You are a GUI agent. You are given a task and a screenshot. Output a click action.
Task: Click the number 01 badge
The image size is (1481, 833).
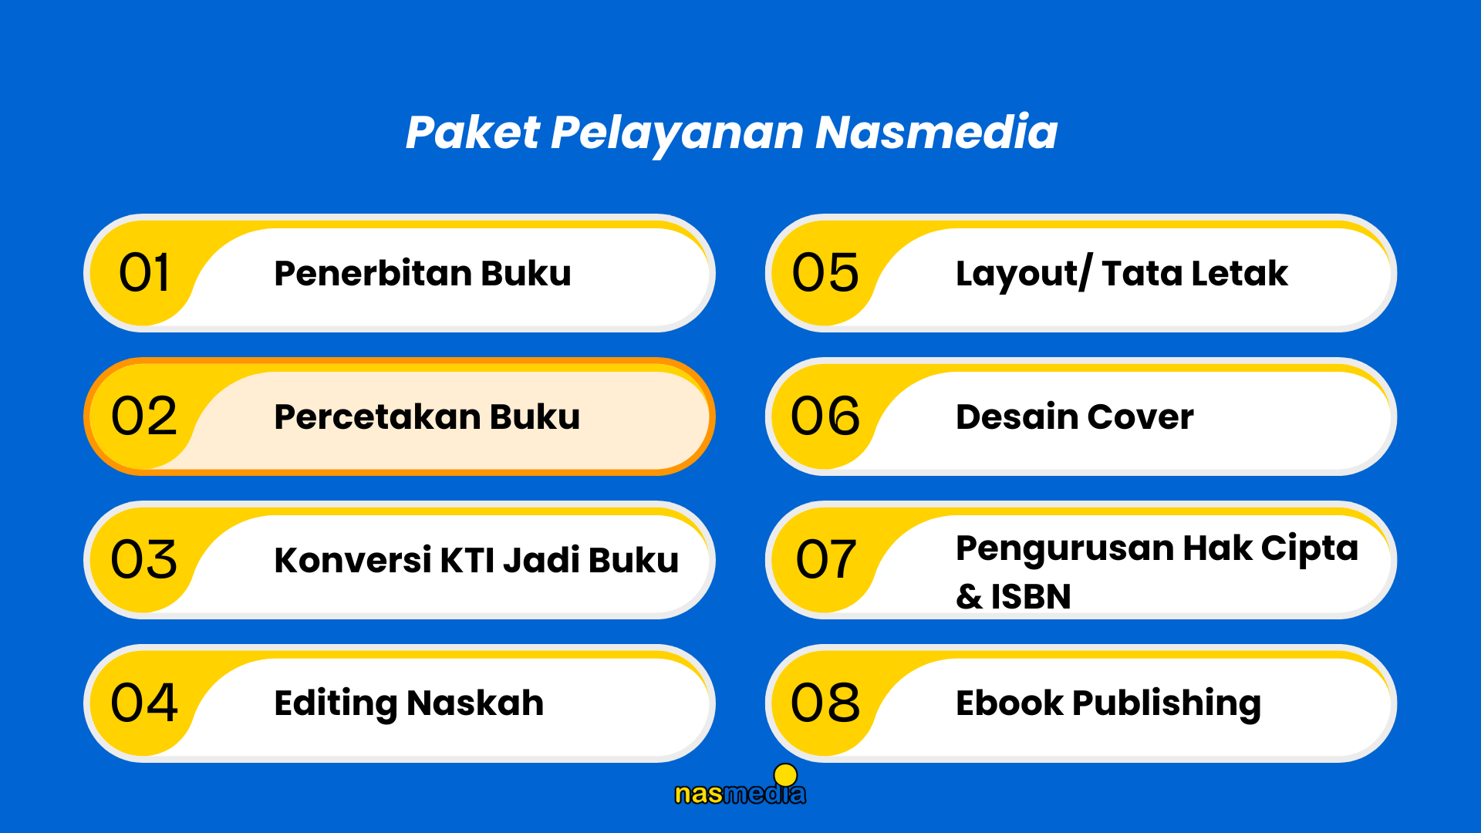(x=144, y=273)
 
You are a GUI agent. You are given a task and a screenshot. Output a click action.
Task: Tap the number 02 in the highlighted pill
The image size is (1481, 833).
(x=144, y=416)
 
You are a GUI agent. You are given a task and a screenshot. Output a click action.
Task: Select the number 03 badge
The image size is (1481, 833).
(x=144, y=559)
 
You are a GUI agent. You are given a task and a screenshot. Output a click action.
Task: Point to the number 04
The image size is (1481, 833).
(x=144, y=703)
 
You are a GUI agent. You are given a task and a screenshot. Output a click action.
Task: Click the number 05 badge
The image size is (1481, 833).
(x=825, y=273)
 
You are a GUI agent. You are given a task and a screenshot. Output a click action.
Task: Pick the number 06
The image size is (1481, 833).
(x=825, y=416)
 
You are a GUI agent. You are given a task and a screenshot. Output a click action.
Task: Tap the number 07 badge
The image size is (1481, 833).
(x=825, y=559)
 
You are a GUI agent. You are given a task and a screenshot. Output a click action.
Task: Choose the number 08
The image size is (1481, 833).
(x=825, y=703)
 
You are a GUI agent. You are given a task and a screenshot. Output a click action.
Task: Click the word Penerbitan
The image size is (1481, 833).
(x=373, y=273)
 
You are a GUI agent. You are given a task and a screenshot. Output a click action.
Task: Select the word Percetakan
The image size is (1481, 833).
(x=378, y=416)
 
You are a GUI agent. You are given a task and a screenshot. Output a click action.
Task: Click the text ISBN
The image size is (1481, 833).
(x=1031, y=596)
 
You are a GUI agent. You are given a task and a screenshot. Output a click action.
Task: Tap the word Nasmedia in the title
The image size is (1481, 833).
(x=936, y=132)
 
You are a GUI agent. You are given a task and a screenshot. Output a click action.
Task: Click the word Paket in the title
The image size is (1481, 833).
(x=472, y=132)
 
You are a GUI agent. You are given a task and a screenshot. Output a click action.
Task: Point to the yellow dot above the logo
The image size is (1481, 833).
(x=785, y=774)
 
